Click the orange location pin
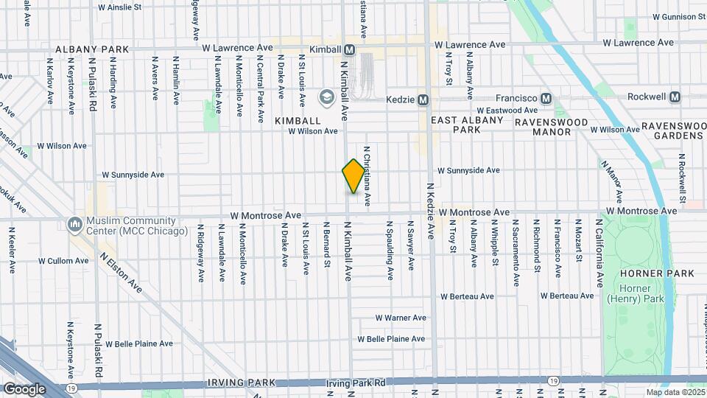353,175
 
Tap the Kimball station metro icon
350,49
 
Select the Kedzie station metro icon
423,99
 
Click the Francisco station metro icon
546,98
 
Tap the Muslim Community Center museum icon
74,223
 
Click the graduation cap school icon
326,97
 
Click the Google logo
24,389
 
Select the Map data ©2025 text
675,393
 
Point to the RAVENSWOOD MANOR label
552,127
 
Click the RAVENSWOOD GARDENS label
672,131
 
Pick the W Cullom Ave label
63,261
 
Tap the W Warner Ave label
401,318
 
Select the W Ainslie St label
120,7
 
